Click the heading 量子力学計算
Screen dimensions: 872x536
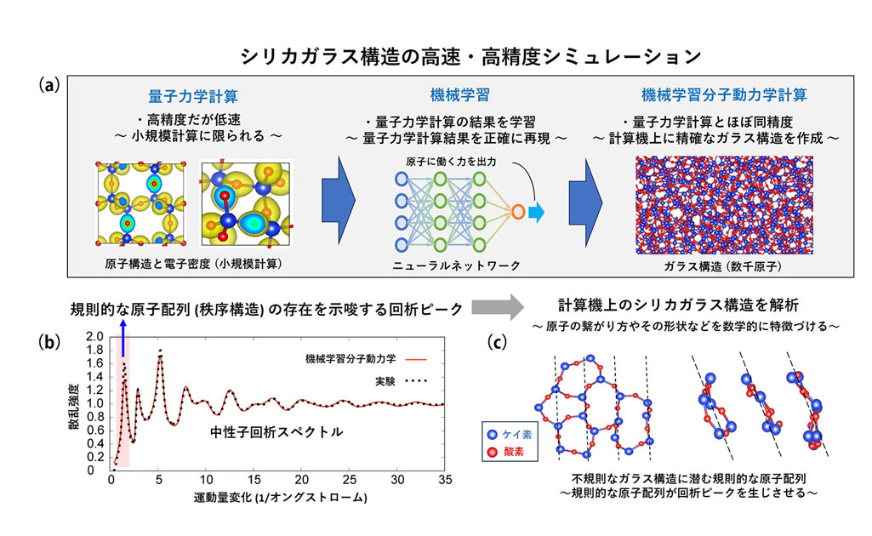click(193, 96)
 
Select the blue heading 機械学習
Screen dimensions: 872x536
click(460, 95)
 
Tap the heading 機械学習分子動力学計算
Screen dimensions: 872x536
click(724, 95)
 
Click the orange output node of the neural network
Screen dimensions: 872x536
click(518, 212)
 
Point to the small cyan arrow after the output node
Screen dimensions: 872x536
click(536, 212)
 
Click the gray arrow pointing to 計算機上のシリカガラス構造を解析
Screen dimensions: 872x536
click(498, 307)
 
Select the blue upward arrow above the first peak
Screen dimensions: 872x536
click(123, 338)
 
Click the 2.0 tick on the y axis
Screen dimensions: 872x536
click(95, 337)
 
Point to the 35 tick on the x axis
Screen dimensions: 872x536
click(445, 480)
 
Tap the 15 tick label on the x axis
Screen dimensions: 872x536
click(254, 480)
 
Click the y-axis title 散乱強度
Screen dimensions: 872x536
click(73, 406)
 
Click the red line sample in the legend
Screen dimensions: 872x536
click(415, 360)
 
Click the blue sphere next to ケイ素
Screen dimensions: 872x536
click(493, 435)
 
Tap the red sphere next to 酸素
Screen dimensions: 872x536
click(493, 452)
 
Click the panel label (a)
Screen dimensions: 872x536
click(49, 85)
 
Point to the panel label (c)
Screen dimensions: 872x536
click(497, 341)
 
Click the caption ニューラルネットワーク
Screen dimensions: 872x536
click(456, 265)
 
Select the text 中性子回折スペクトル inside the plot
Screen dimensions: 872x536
click(276, 432)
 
